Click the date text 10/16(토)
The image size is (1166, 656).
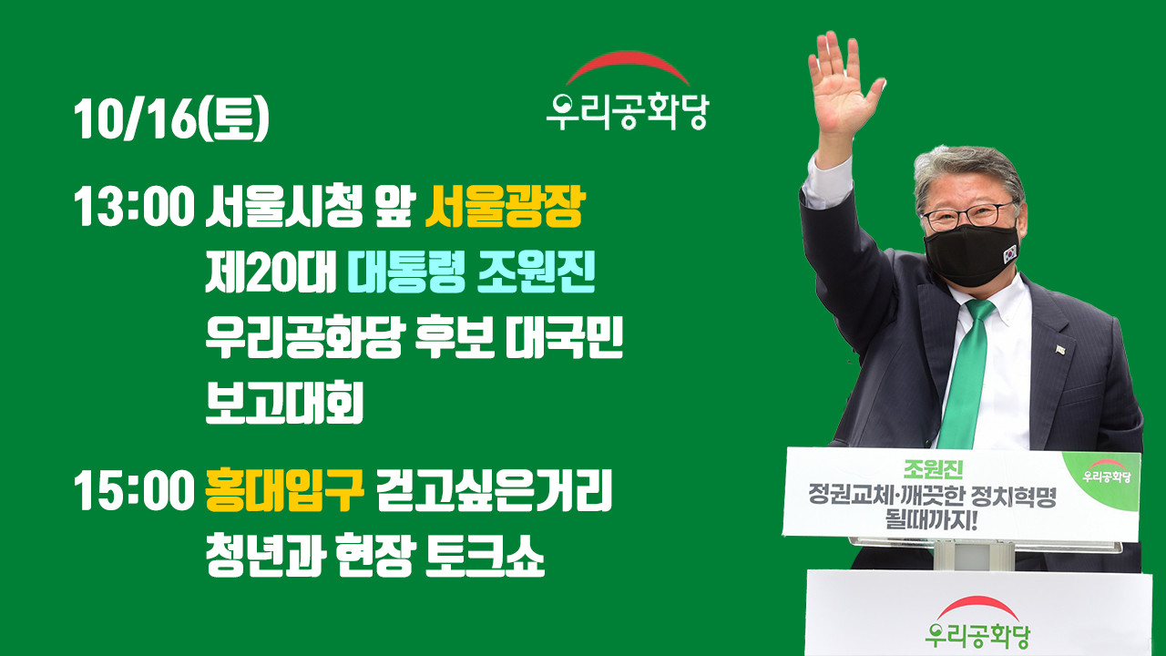(x=171, y=119)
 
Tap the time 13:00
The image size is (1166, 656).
(x=134, y=207)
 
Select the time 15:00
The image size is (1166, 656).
(x=134, y=489)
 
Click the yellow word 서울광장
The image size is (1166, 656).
(x=505, y=207)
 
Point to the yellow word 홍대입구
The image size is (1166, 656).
(x=285, y=489)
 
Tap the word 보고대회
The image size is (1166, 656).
(x=284, y=403)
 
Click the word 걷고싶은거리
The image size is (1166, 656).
(x=494, y=489)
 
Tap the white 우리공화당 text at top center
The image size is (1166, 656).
(x=628, y=111)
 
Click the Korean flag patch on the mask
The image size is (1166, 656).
(x=1010, y=254)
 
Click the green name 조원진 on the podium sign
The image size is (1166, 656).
(x=933, y=469)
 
